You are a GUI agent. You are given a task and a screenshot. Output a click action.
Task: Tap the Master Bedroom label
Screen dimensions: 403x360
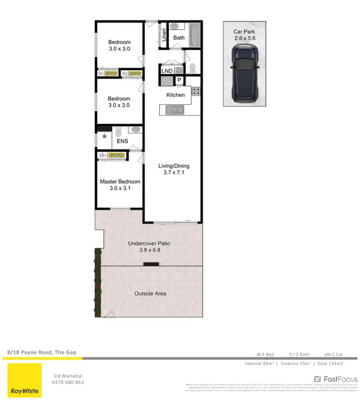point(120,182)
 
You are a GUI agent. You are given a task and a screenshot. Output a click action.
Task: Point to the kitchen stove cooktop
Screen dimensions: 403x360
point(196,91)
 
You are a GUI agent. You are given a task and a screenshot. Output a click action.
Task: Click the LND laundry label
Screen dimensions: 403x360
point(167,71)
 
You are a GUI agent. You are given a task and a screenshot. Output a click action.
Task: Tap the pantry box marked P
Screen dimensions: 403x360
point(179,80)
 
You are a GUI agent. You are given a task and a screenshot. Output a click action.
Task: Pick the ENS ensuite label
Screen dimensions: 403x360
point(122,142)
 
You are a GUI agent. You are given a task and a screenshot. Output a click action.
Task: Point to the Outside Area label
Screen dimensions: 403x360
point(150,293)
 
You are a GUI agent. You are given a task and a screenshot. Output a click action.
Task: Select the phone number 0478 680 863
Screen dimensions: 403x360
point(68,382)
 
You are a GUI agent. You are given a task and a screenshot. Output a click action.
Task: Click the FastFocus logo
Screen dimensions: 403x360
point(336,379)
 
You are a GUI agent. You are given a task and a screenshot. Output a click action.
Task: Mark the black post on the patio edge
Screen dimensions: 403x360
point(152,264)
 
